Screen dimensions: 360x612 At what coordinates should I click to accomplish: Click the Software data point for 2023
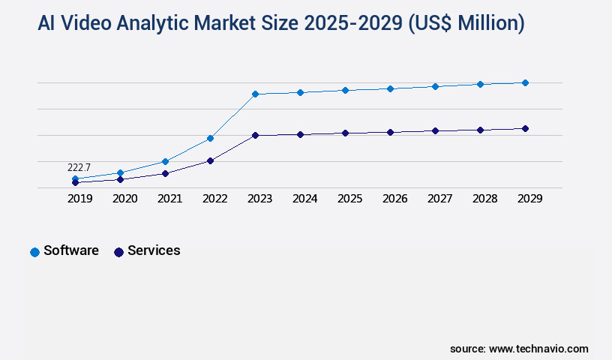coord(255,94)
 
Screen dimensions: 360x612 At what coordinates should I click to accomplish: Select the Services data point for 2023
coord(255,135)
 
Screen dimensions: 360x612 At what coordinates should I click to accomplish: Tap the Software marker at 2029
coord(525,82)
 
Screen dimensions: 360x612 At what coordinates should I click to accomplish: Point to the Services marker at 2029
coord(525,128)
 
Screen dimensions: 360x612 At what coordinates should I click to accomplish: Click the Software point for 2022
coord(210,138)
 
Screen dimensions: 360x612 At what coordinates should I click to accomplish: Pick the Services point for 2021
coord(165,173)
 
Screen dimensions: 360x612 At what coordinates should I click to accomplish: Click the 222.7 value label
coord(79,167)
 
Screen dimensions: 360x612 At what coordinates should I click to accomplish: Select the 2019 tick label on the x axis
coord(80,199)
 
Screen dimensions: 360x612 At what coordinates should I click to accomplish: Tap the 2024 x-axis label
coord(305,199)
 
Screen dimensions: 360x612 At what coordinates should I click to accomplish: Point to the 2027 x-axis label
coord(440,199)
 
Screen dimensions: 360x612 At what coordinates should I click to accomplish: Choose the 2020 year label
coord(125,199)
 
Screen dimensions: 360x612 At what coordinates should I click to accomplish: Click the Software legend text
coord(71,250)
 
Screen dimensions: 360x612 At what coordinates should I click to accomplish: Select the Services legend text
coord(154,250)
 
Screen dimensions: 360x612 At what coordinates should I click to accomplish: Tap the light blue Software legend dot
coord(34,252)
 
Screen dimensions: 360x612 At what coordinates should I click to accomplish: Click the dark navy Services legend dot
coord(118,252)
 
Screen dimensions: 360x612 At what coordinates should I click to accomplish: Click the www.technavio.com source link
coord(538,349)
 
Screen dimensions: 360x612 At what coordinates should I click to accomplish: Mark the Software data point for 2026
coord(390,88)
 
